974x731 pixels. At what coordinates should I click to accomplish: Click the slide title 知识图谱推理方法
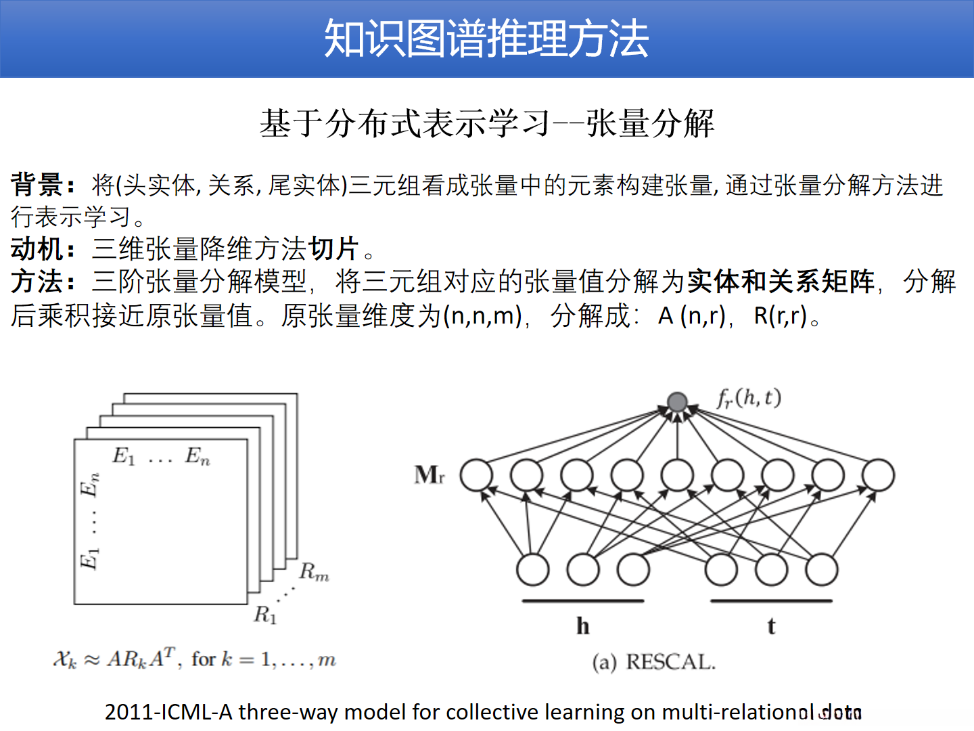click(486, 39)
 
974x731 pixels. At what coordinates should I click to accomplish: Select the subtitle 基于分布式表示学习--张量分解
click(487, 124)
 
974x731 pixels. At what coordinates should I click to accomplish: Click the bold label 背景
click(37, 185)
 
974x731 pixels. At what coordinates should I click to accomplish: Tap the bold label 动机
click(37, 249)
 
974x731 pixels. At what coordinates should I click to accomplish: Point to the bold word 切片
click(333, 249)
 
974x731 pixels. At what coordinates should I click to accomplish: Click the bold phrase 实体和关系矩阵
click(781, 282)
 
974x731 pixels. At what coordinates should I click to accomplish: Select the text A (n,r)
click(692, 315)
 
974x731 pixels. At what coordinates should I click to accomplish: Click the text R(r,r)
click(781, 315)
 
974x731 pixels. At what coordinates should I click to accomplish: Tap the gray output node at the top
click(677, 402)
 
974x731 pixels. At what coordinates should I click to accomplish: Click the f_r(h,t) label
click(749, 398)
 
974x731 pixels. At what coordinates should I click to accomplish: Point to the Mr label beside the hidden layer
click(430, 474)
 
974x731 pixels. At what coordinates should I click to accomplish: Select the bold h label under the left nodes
click(583, 626)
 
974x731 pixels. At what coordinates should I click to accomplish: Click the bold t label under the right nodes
click(771, 626)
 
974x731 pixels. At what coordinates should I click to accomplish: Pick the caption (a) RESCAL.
click(653, 662)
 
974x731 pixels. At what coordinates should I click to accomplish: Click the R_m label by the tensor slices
click(314, 573)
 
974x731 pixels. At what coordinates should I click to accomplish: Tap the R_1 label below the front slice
click(265, 615)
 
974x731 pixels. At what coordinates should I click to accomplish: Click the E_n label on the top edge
click(198, 456)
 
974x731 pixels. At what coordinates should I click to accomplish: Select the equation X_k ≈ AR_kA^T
click(116, 659)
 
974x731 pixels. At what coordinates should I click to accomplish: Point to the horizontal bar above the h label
click(583, 600)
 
